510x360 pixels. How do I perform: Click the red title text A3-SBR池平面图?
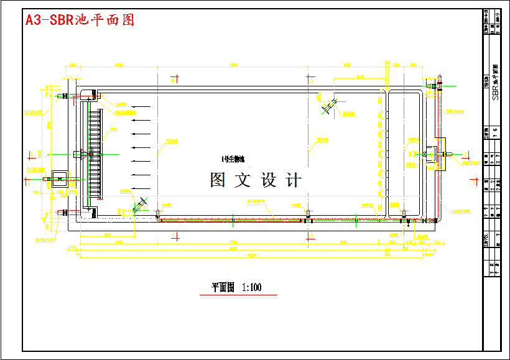click(x=80, y=20)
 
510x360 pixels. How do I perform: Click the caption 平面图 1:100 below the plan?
click(x=236, y=287)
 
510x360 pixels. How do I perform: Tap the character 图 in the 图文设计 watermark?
click(x=218, y=180)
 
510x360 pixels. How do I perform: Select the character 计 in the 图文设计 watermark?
click(x=293, y=180)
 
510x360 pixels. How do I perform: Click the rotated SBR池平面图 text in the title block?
click(x=496, y=81)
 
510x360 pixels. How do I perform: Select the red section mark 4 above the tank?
click(x=175, y=78)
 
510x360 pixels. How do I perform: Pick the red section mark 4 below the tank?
click(x=175, y=236)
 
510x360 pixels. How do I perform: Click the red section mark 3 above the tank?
click(x=311, y=79)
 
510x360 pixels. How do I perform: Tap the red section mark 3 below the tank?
click(x=311, y=236)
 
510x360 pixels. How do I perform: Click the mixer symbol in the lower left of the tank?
click(x=140, y=206)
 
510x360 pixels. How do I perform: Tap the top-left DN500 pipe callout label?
click(x=33, y=113)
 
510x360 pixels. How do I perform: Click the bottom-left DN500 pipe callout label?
click(x=44, y=239)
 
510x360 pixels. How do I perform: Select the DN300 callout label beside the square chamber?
click(x=33, y=169)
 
